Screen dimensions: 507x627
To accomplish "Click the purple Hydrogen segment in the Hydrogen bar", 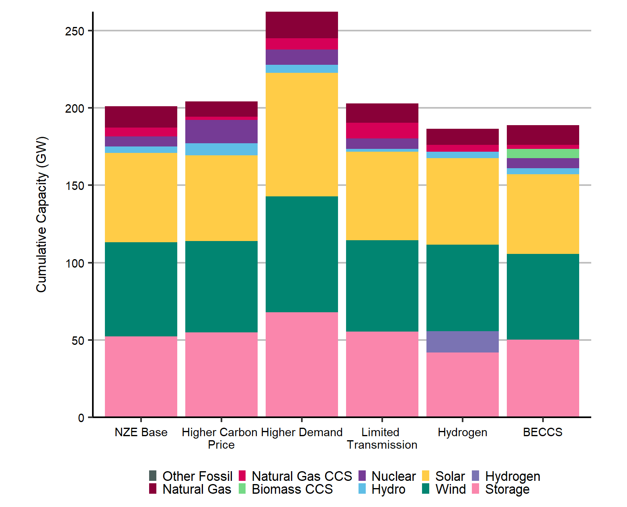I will [x=462, y=342].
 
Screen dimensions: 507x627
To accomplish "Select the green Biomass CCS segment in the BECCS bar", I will [x=543, y=153].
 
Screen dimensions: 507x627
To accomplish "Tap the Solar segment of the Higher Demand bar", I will [x=301, y=134].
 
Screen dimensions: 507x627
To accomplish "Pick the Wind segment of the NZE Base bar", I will [x=141, y=289].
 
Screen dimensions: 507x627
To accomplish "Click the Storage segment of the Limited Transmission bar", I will [x=382, y=374].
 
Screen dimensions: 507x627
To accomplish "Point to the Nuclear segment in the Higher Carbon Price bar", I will [x=221, y=131].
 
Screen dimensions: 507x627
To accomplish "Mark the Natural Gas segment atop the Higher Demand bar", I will [x=301, y=25].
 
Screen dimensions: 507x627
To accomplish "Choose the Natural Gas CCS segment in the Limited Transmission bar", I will [x=382, y=130].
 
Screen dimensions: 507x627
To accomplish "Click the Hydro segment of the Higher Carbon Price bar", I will [x=221, y=149].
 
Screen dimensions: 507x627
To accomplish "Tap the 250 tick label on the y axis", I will [x=75, y=31].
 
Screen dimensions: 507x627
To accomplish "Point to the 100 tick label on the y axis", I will [x=75, y=263].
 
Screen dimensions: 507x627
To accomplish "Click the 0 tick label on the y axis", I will [x=81, y=418].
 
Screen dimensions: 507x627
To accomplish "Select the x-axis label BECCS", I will [x=543, y=432].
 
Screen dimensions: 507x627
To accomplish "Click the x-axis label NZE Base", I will [x=141, y=432].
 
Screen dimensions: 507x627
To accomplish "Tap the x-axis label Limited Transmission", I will [x=382, y=438].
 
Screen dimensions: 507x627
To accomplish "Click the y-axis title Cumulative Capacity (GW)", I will [x=41, y=214].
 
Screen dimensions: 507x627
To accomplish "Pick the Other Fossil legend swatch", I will [x=153, y=476].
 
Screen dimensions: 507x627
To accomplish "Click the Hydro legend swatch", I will [x=362, y=489].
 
